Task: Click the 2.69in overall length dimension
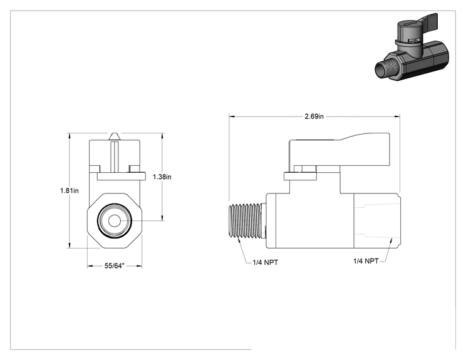pyautogui.click(x=314, y=116)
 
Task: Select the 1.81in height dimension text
pyautogui.click(x=70, y=190)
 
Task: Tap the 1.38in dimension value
pyautogui.click(x=162, y=177)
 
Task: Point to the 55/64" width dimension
pyautogui.click(x=114, y=266)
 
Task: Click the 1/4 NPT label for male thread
pyautogui.click(x=266, y=262)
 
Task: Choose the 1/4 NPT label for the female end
pyautogui.click(x=366, y=261)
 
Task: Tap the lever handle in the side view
pyautogui.click(x=339, y=150)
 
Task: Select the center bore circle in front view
pyautogui.click(x=114, y=221)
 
